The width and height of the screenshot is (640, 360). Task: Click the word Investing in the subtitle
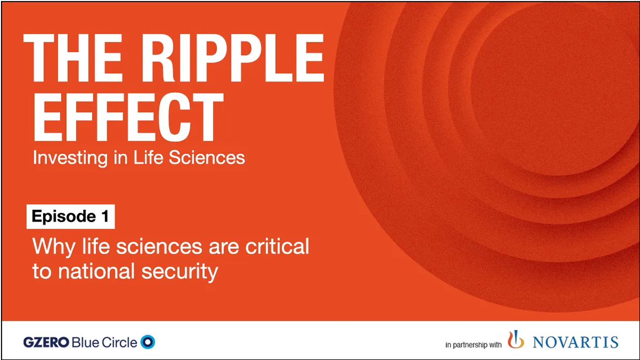(x=61, y=158)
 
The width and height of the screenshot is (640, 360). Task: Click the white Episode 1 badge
(x=70, y=217)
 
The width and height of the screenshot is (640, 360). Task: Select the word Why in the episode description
(x=48, y=246)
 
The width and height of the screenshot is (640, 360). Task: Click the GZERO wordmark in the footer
(x=45, y=342)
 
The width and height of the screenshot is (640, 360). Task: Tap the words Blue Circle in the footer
(x=104, y=342)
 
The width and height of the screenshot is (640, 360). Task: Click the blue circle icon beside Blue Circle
(x=148, y=342)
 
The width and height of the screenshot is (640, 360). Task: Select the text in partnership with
(x=473, y=345)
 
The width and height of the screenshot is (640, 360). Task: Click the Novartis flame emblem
(x=515, y=340)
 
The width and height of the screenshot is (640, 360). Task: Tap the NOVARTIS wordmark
(x=575, y=342)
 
